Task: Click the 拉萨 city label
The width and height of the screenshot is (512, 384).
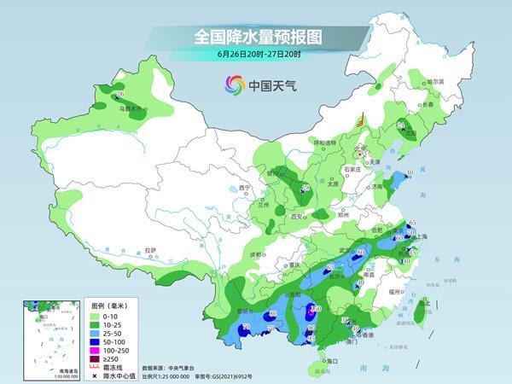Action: [151, 250]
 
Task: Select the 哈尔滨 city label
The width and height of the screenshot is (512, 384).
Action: [435, 81]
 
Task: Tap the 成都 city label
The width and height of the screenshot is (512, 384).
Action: [255, 253]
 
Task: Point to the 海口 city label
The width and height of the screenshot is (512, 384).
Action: [323, 361]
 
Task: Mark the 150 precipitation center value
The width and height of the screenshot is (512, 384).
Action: [315, 309]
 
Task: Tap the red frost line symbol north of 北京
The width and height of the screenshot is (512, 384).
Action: [362, 120]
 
